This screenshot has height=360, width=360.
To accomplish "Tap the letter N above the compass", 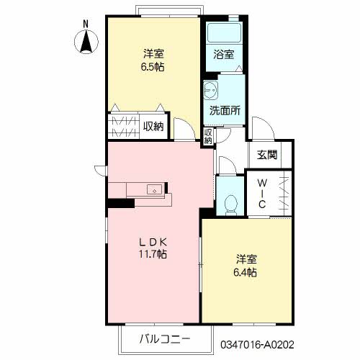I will click(86, 24).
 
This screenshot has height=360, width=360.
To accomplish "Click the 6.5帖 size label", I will click(152, 66).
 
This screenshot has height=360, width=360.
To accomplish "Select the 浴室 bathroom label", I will click(223, 54).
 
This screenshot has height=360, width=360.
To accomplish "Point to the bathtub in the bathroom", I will click(223, 34).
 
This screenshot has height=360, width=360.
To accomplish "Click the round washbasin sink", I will click(212, 90).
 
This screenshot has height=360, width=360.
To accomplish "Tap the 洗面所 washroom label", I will click(225, 111).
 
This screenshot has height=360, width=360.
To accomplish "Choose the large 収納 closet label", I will click(153, 127).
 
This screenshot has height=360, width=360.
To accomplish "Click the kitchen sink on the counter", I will click(154, 190).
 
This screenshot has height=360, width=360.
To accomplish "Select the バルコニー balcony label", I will click(165, 338).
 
